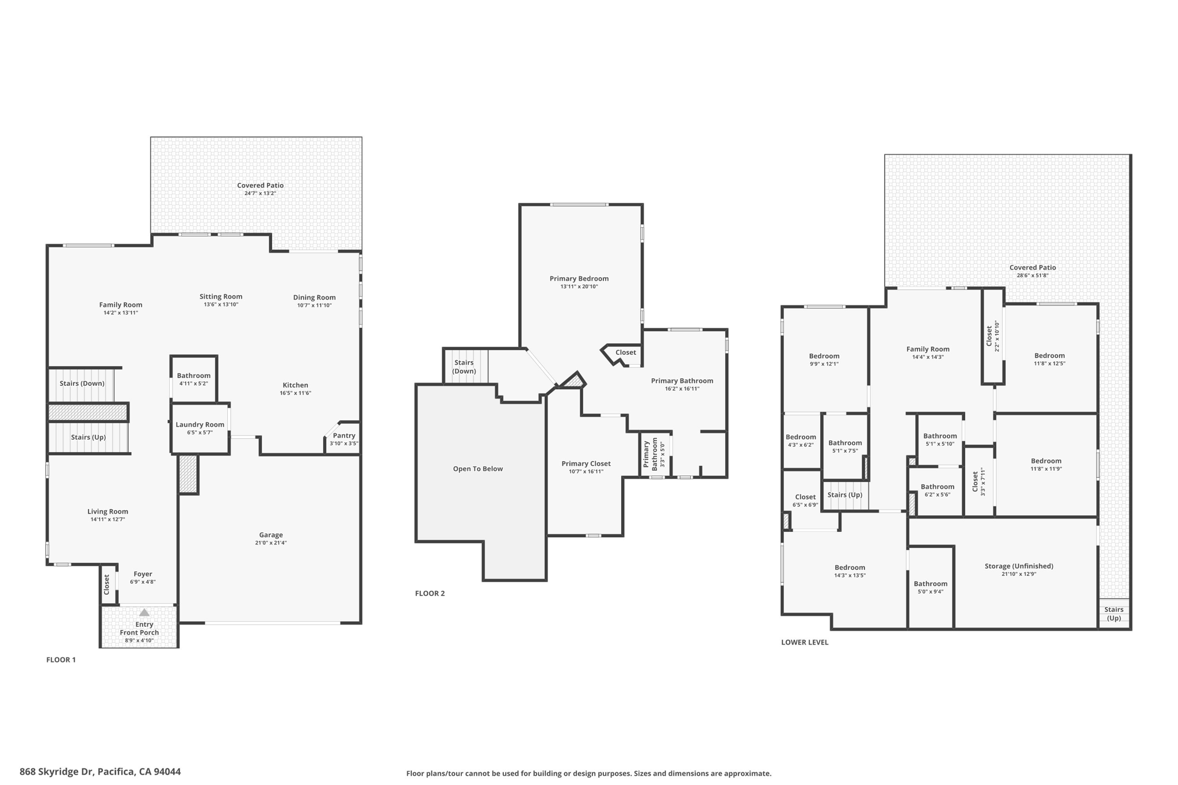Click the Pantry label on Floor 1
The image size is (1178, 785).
344,436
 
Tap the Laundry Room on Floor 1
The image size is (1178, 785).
200,428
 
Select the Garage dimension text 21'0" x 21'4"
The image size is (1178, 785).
271,543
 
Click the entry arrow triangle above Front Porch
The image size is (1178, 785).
144,613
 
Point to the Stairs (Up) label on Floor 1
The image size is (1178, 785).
89,438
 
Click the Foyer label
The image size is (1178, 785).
143,574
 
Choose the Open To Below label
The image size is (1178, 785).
478,469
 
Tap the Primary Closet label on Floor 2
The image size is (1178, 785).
586,464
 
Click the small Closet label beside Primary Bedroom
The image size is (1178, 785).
626,353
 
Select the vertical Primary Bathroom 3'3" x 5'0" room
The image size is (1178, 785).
655,454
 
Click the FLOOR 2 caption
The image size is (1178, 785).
430,593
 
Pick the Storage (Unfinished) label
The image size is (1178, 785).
1019,566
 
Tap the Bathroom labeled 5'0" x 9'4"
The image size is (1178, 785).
930,587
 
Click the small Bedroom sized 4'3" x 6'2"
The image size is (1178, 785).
801,441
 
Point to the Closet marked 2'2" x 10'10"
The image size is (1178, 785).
992,336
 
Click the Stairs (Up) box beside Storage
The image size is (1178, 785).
1114,614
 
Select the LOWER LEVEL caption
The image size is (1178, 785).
805,642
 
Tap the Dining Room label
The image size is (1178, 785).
314,298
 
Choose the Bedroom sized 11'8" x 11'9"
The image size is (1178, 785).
1046,464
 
